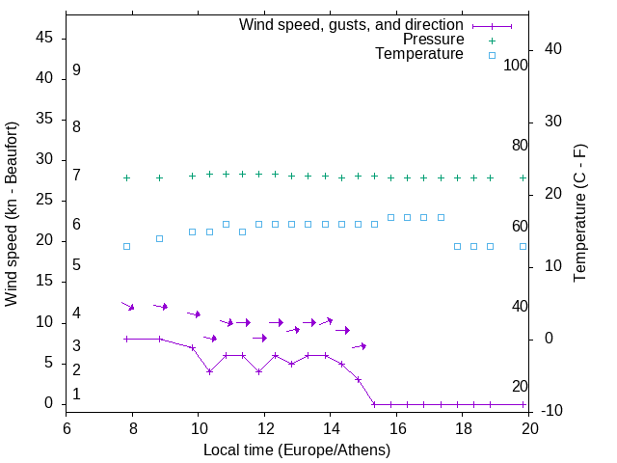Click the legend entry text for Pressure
[433, 40]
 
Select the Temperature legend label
[419, 54]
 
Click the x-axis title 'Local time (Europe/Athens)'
[297, 450]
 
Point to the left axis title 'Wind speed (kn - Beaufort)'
[12, 214]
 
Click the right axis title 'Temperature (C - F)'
[579, 214]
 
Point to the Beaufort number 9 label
[76, 70]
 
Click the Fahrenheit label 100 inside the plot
[516, 66]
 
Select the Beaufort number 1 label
[76, 395]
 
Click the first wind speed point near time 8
[126, 339]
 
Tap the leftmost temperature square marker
[126, 246]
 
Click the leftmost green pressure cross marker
[126, 177]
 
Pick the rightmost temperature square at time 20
[523, 246]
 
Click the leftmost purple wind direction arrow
[127, 306]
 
